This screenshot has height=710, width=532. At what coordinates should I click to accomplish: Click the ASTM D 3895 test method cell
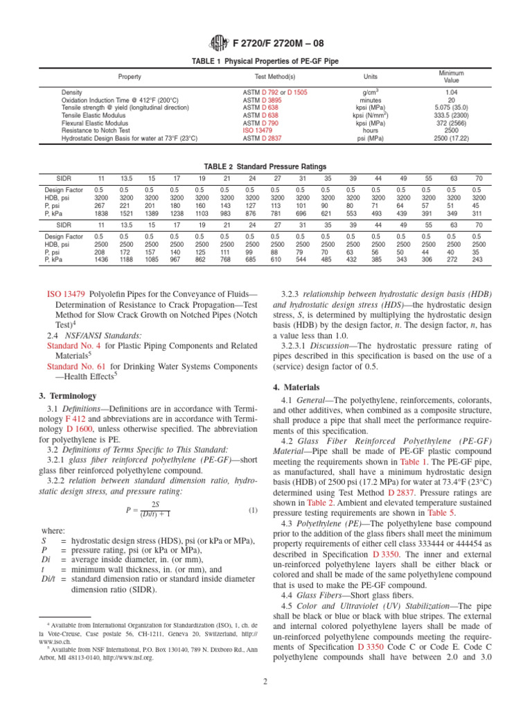pyautogui.click(x=255, y=100)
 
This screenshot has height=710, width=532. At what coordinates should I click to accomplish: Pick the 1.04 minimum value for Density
pyautogui.click(x=451, y=92)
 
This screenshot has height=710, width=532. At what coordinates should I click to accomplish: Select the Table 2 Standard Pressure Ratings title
pyautogui.click(x=265, y=166)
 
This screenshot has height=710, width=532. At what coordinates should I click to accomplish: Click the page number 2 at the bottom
pyautogui.click(x=266, y=693)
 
